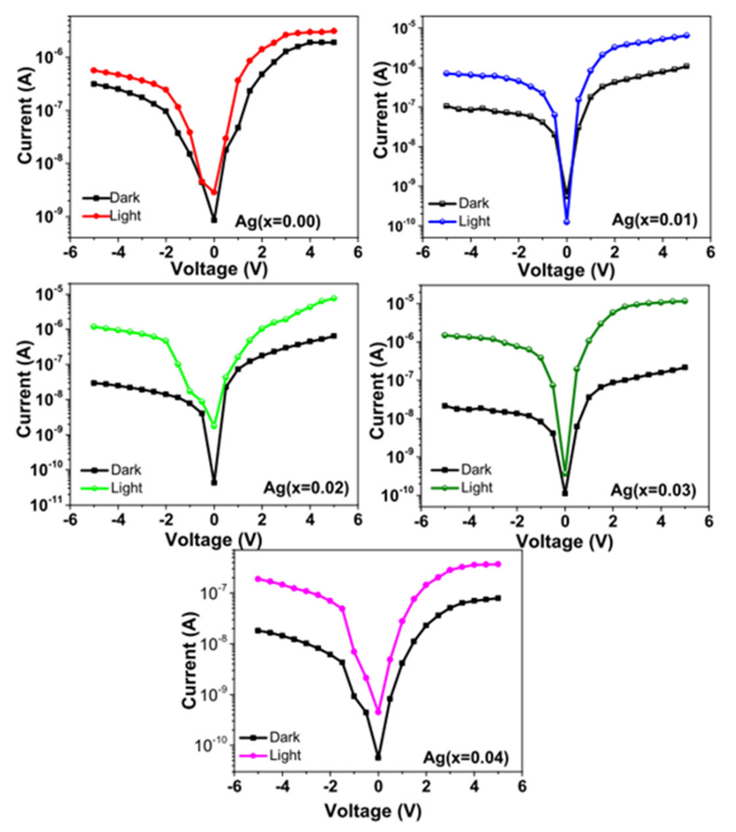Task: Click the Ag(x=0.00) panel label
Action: [x=278, y=222]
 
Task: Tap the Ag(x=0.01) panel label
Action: [x=655, y=220]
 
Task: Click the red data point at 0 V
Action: [x=214, y=192]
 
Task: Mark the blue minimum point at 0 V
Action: [x=567, y=222]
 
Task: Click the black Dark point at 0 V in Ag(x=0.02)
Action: [x=214, y=483]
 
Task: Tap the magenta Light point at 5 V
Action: [x=498, y=564]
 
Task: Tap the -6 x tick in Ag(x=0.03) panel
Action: [x=421, y=522]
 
